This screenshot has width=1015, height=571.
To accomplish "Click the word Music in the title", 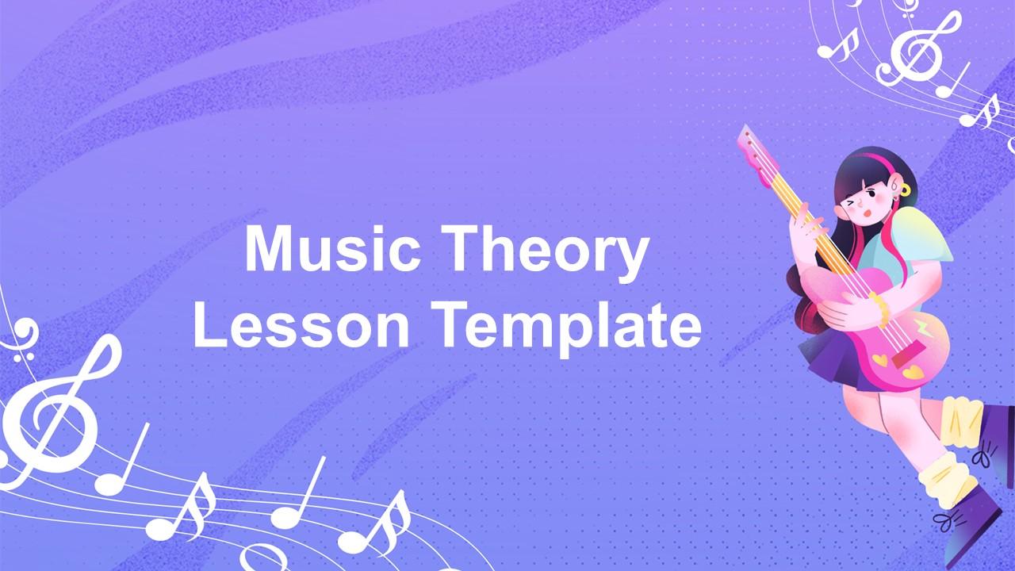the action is [332, 249].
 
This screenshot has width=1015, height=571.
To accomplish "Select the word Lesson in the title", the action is [301, 324].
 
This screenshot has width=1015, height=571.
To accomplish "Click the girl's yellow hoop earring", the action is [904, 190].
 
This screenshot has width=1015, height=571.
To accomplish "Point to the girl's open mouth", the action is [865, 213].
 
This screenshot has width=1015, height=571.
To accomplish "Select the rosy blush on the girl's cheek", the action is [879, 198].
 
